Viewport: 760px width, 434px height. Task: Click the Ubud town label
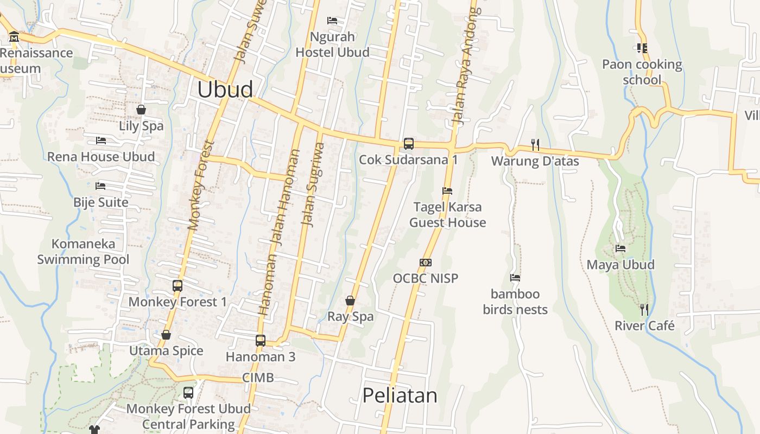pos(225,90)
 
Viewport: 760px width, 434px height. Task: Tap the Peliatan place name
pos(400,395)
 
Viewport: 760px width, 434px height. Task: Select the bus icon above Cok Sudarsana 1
pos(408,144)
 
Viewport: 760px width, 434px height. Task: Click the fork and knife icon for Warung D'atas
pos(535,144)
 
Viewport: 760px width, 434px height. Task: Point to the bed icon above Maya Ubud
pos(620,248)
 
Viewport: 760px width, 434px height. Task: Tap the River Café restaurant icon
pos(644,310)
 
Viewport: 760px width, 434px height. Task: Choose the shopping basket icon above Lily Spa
pos(141,110)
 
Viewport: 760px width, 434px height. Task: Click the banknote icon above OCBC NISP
pos(426,263)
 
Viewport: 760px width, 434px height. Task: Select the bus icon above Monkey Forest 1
pos(177,285)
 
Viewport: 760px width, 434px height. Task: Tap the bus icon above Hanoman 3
pos(261,340)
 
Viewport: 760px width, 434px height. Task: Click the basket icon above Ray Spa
pos(350,300)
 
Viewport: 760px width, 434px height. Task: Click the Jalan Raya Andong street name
pos(466,65)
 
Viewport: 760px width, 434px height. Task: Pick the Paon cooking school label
pos(642,72)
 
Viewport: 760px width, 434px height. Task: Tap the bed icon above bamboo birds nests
pos(515,278)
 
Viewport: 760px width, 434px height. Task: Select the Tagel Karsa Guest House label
pos(447,215)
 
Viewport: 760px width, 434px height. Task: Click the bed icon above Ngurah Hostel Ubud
pos(332,21)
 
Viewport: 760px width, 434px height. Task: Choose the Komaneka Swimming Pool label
pos(83,252)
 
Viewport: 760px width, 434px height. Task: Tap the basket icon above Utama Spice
pos(166,335)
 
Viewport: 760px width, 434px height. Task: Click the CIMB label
pos(258,378)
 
